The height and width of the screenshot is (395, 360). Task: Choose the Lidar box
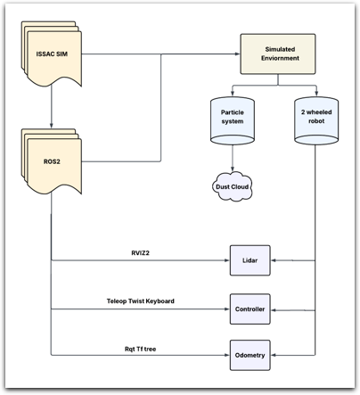(x=250, y=260)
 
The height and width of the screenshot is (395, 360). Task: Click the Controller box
(x=250, y=309)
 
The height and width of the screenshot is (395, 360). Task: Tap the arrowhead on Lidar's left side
(x=226, y=261)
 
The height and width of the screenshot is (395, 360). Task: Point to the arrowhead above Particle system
(x=233, y=95)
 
